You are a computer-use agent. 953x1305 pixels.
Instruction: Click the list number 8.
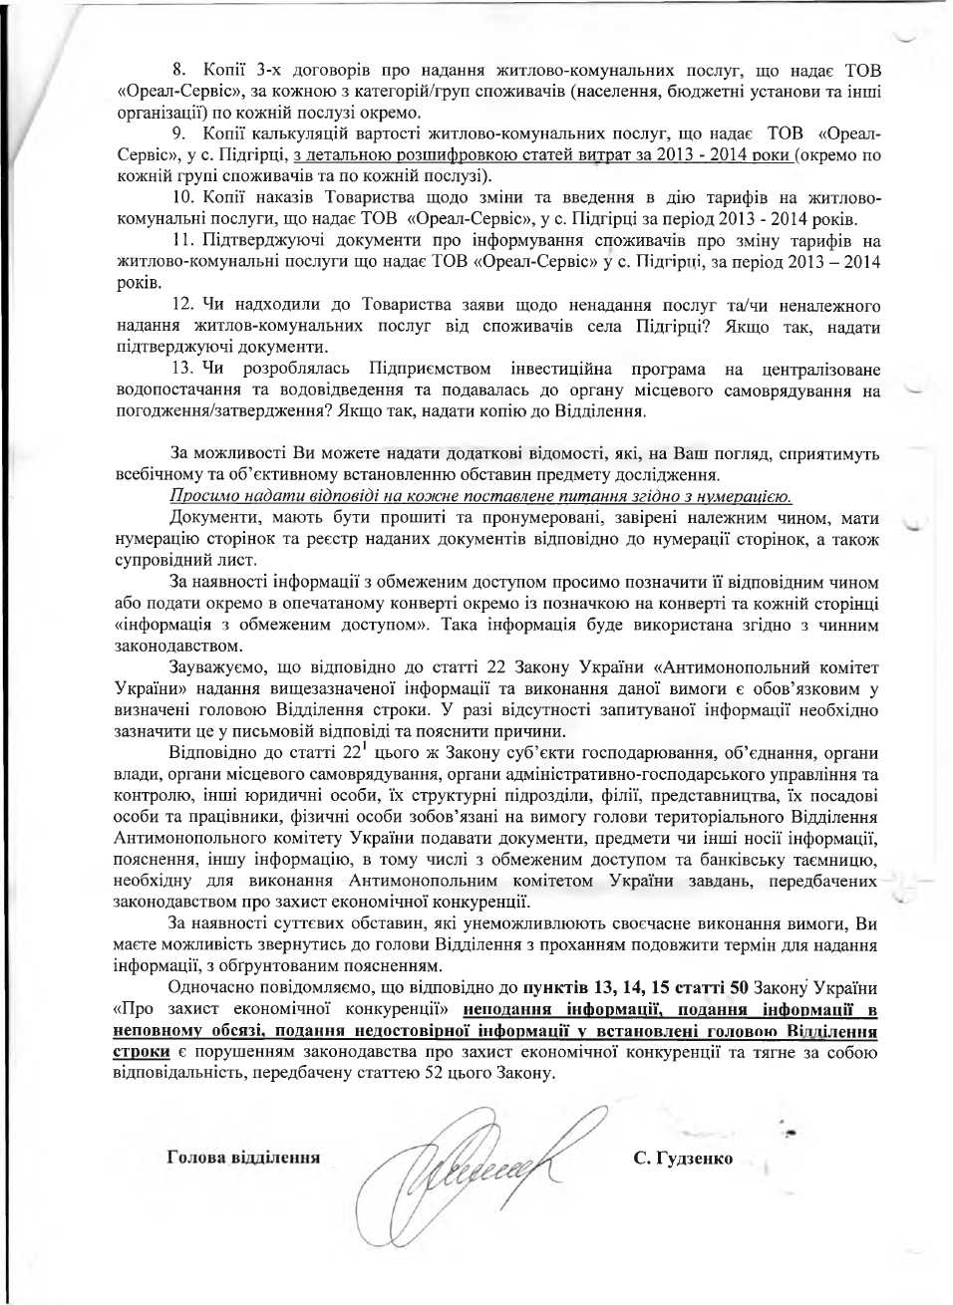click(178, 70)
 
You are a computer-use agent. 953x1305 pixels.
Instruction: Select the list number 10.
click(182, 198)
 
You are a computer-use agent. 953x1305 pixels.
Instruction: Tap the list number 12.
click(182, 305)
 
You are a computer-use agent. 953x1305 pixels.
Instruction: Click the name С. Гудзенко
click(683, 1159)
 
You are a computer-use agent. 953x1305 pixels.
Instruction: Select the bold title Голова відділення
click(243, 1159)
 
